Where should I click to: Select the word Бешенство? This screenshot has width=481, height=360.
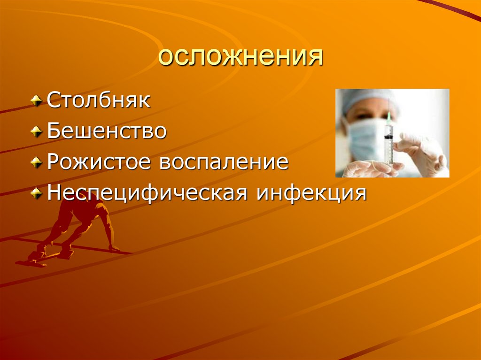point(107,131)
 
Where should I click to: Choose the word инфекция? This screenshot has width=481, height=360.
point(310,193)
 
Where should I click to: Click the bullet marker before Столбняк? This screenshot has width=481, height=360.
point(36,101)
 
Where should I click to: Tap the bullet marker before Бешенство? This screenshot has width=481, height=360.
point(36,132)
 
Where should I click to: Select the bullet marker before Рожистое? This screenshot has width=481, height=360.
point(36,163)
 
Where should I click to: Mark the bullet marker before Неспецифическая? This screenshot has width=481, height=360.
point(36,193)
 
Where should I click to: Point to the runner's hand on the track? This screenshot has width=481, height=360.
point(113,249)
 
